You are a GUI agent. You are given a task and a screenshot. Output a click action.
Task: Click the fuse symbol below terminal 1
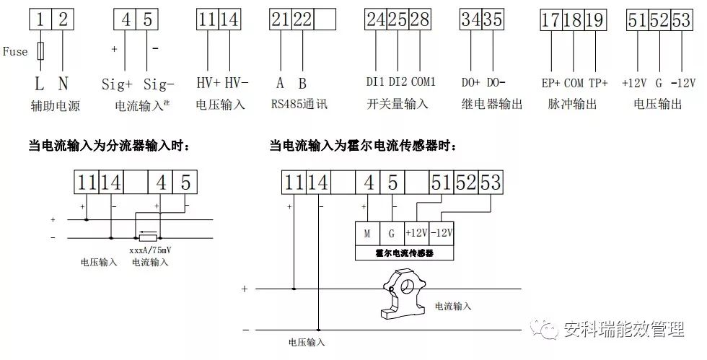pyautogui.click(x=41, y=51)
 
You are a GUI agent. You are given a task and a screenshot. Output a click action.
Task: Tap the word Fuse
pyautogui.click(x=15, y=52)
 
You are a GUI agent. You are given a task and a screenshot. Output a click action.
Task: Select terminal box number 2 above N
pyautogui.click(x=63, y=19)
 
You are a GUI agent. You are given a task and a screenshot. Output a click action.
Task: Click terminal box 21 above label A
pyautogui.click(x=281, y=19)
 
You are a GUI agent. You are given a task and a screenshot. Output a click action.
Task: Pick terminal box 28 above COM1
pyautogui.click(x=418, y=19)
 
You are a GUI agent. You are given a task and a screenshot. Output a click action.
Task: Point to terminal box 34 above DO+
pyautogui.click(x=471, y=19)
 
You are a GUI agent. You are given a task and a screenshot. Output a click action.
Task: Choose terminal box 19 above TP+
pyautogui.click(x=594, y=19)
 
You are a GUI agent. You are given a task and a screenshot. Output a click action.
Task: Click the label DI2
pyautogui.click(x=398, y=82)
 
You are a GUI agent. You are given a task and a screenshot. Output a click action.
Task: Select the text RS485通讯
pyautogui.click(x=299, y=104)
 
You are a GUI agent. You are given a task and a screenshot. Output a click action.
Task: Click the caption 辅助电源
pyautogui.click(x=55, y=106)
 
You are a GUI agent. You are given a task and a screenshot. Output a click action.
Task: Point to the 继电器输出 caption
pyautogui.click(x=491, y=104)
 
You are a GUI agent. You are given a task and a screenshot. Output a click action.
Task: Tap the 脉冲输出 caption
pyautogui.click(x=572, y=104)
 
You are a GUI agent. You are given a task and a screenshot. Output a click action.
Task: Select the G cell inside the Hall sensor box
pyautogui.click(x=391, y=233)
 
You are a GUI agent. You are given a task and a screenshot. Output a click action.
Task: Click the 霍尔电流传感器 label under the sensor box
pyautogui.click(x=405, y=253)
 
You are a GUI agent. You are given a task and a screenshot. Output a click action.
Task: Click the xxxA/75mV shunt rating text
pyautogui.click(x=150, y=250)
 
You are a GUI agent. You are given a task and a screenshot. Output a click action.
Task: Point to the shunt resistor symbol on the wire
pyautogui.click(x=147, y=236)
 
